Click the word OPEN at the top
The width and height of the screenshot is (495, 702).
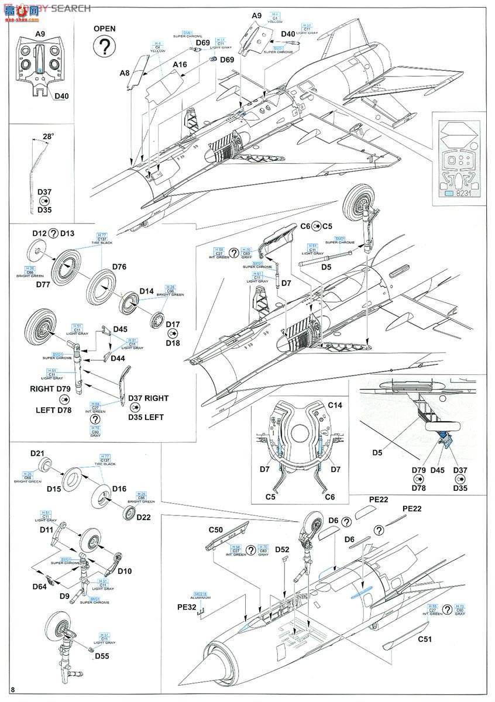(x=105, y=28)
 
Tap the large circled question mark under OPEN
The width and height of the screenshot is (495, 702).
(x=105, y=47)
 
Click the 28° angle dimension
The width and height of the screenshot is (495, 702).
(x=49, y=136)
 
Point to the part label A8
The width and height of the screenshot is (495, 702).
(x=125, y=73)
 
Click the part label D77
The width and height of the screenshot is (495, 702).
(x=42, y=284)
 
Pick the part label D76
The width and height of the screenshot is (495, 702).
(x=119, y=266)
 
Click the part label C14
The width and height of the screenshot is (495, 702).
(x=335, y=404)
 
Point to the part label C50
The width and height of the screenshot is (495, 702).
(x=216, y=530)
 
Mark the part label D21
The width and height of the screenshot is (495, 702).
(x=38, y=454)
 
